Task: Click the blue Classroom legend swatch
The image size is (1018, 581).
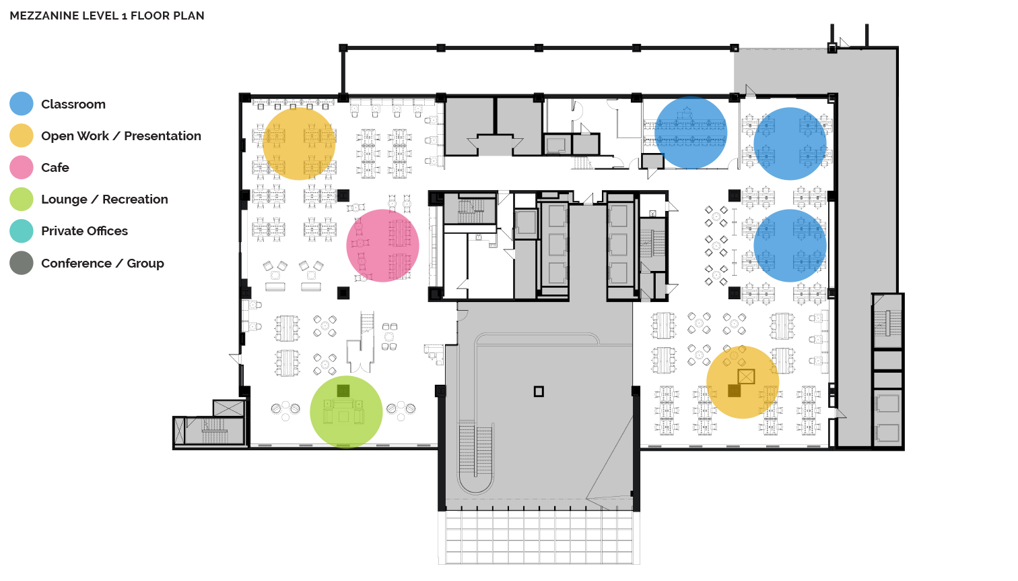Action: [22, 104]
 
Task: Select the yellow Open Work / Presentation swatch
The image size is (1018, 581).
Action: [22, 135]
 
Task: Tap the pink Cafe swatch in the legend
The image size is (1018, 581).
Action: [22, 167]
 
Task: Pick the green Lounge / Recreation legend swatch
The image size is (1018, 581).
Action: [22, 200]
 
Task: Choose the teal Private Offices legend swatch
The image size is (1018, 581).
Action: [22, 231]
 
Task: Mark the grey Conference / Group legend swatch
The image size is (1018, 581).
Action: [22, 263]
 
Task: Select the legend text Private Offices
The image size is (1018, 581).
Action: [85, 231]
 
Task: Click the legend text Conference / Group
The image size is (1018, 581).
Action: [103, 264]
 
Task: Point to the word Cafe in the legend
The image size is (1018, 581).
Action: [55, 167]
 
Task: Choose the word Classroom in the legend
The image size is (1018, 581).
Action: [73, 104]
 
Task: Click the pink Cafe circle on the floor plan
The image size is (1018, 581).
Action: [382, 246]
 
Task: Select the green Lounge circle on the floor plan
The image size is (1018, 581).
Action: [346, 412]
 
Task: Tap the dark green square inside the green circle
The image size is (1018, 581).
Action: [343, 391]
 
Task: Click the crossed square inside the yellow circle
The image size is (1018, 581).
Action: [746, 377]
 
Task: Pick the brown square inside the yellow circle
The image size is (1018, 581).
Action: [735, 391]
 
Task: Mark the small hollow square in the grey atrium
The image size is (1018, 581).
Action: [539, 392]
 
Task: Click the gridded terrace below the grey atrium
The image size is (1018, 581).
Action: [539, 537]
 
